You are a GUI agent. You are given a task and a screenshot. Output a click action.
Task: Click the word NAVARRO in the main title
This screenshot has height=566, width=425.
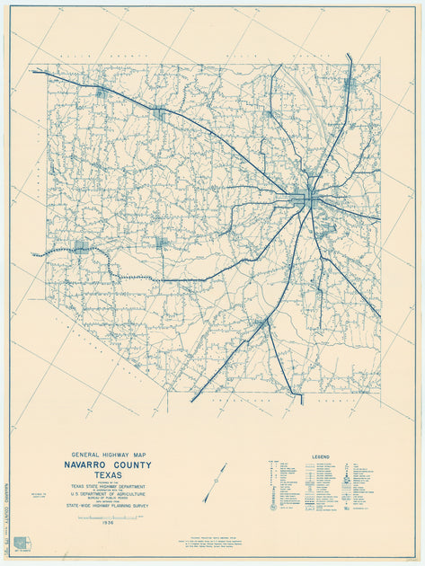click(87, 465)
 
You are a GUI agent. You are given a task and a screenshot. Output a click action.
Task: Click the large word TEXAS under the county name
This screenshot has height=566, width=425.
click(107, 475)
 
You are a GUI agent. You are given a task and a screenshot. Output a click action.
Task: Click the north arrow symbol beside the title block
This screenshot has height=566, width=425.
click(215, 482)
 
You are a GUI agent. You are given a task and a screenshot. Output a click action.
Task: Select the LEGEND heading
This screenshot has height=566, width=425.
click(321, 455)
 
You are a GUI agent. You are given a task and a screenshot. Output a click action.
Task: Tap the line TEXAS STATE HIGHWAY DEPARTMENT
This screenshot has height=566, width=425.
click(107, 487)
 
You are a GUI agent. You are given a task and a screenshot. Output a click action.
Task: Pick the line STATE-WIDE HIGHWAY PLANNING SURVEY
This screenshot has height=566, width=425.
click(107, 509)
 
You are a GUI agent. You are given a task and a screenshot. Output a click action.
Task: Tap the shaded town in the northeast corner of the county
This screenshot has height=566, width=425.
click(349, 85)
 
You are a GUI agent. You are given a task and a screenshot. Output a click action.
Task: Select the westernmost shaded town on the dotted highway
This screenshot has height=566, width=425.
click(82, 245)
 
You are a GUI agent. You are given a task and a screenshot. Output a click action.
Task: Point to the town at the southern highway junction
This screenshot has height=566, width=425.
click(261, 323)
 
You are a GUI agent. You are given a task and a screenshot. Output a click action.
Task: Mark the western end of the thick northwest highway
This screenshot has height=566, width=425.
click(35, 72)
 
